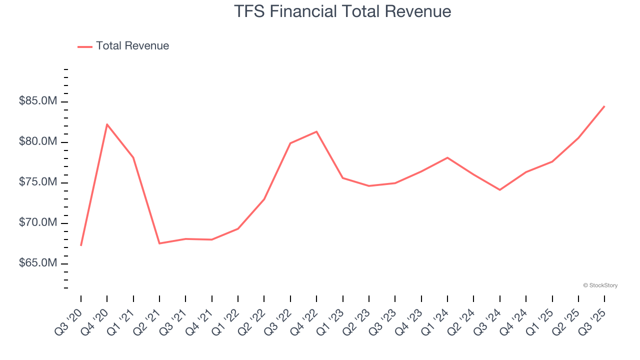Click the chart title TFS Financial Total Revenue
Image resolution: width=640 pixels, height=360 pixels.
coord(342,11)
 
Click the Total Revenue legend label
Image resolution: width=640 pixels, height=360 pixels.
coord(132,46)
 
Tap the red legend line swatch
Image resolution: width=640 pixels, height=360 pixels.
coord(85,46)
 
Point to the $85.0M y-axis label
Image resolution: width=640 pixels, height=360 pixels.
coord(38,101)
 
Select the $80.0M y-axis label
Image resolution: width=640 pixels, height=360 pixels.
coord(38,142)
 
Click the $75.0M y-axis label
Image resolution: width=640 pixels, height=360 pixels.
coord(38,182)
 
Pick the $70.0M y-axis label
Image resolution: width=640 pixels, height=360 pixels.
coord(38,223)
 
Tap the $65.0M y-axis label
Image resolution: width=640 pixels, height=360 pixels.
coord(38,263)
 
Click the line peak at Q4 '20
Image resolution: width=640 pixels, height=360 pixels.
coord(107,124)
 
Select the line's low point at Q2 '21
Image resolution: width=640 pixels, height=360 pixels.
coord(159,243)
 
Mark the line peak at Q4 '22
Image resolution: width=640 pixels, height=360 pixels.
coord(316,131)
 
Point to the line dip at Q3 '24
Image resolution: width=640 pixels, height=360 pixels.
coord(499,190)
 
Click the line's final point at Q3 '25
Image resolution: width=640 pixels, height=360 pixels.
coord(604,106)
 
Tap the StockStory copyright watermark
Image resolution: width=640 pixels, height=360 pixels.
coord(600,285)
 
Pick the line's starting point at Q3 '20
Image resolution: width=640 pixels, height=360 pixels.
coord(81,245)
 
